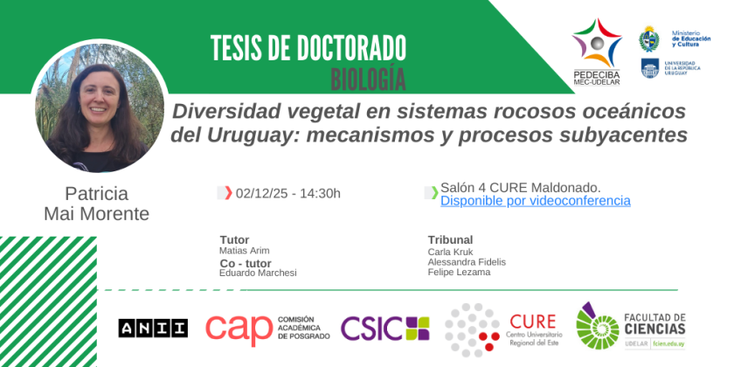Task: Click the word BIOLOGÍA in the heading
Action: (x=369, y=80)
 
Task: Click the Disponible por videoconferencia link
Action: (x=535, y=201)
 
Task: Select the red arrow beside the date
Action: (x=228, y=192)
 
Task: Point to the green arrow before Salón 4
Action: (x=434, y=192)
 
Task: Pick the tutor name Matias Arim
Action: (x=245, y=251)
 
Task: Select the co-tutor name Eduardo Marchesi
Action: (x=258, y=273)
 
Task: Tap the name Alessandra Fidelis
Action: (x=467, y=261)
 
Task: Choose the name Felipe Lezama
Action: (x=460, y=272)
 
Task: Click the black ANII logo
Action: (x=153, y=329)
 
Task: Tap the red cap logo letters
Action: (x=239, y=329)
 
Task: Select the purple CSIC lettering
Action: (x=371, y=329)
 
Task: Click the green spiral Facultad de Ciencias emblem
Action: (x=598, y=326)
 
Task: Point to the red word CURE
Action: (x=533, y=322)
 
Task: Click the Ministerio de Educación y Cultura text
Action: (x=691, y=38)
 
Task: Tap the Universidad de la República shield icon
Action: (x=650, y=68)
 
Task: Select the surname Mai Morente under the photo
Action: (x=96, y=214)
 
